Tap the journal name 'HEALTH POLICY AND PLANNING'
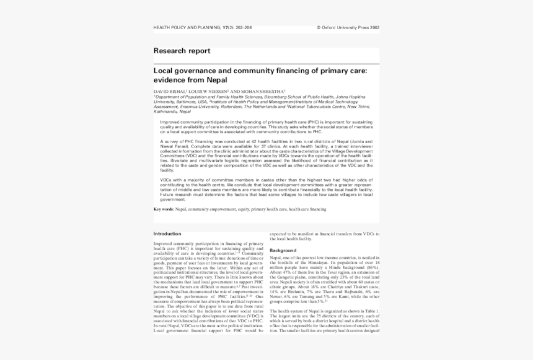(x=187, y=28)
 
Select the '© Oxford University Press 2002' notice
(x=348, y=28)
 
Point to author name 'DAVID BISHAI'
(x=169, y=91)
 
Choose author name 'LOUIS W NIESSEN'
(x=209, y=91)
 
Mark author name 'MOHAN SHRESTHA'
(x=266, y=91)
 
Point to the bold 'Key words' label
(x=164, y=209)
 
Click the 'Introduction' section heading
(x=167, y=234)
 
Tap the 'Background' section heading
(x=283, y=250)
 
